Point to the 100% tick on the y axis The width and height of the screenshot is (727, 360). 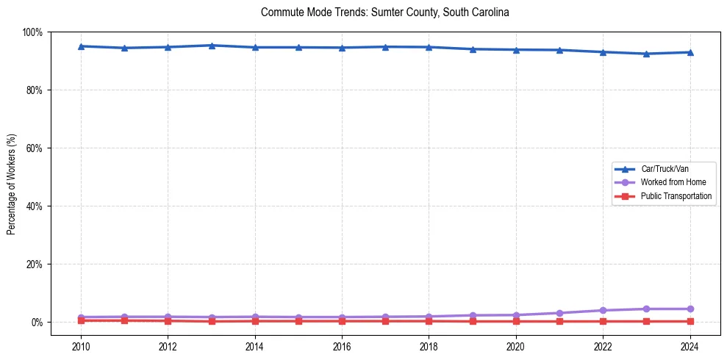32,32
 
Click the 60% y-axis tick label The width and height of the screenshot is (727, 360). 34,148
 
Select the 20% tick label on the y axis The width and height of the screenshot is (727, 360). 34,264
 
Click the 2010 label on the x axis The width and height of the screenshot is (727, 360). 81,347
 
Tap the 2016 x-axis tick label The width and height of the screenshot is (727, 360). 342,347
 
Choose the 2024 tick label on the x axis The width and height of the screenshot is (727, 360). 690,347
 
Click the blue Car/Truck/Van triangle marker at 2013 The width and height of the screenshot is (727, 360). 212,46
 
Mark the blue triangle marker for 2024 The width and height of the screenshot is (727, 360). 690,52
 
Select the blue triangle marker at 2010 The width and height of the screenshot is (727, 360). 81,46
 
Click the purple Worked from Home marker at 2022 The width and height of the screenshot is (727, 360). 603,310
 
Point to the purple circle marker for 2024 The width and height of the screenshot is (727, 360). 690,309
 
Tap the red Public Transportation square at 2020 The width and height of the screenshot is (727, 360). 515,321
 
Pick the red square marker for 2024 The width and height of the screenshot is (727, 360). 690,321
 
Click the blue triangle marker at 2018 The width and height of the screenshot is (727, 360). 429,47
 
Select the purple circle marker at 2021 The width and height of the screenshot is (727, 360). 559,313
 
